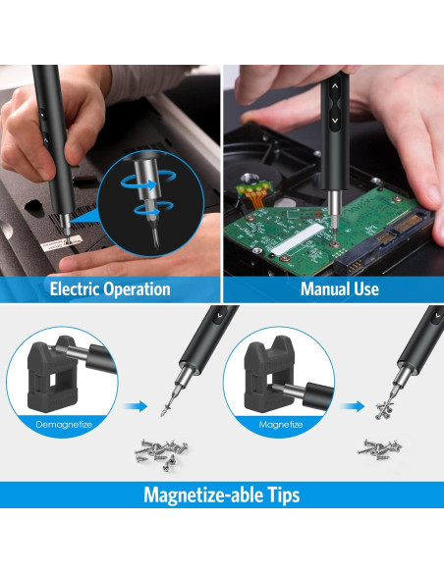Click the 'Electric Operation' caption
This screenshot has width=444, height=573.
(x=110, y=289)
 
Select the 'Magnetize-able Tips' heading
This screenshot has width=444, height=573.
(x=222, y=495)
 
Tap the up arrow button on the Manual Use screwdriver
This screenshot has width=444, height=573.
(x=334, y=85)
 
